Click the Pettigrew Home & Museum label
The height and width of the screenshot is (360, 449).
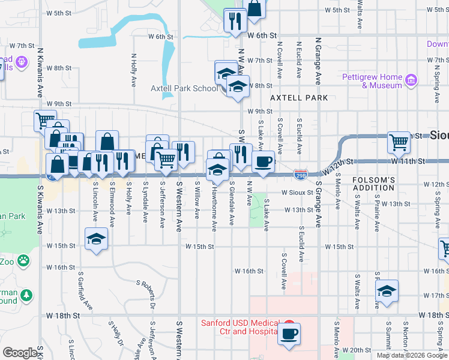(x=372, y=81)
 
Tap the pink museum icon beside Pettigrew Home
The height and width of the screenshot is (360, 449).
(x=411, y=80)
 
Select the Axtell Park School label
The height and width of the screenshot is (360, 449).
(x=184, y=88)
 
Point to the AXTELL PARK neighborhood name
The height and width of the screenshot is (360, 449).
(x=299, y=97)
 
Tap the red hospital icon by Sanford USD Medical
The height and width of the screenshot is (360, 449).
(x=288, y=323)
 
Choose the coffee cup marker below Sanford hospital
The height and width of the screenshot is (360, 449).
(x=289, y=333)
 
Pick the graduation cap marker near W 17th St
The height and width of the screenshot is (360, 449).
(x=387, y=291)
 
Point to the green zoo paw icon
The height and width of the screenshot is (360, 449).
(x=23, y=260)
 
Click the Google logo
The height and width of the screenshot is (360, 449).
(x=20, y=353)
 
